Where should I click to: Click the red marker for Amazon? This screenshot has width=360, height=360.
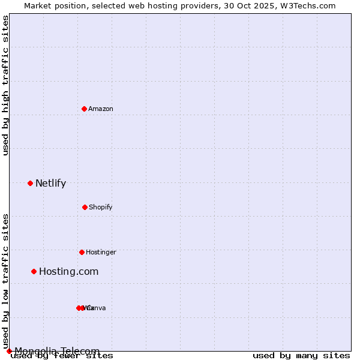coord(84,109)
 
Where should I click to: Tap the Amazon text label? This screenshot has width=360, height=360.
coord(101,109)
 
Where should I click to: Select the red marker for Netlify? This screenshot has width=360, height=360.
coord(30,183)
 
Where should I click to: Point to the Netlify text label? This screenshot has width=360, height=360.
coord(51,184)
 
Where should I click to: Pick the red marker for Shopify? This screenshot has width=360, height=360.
coord(85,207)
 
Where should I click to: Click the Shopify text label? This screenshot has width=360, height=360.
coord(101,208)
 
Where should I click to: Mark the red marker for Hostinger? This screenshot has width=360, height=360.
coord(82,252)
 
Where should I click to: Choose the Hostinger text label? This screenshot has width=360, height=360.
coord(101,253)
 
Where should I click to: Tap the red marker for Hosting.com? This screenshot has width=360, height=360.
coord(34,271)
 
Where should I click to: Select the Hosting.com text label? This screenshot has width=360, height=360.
coord(69,272)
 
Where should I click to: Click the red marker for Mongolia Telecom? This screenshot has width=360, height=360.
coord(9,351)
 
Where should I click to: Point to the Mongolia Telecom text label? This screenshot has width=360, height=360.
coord(58,351)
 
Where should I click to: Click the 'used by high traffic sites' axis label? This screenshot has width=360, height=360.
coord(5,85)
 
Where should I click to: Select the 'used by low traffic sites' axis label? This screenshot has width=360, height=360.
coord(5,281)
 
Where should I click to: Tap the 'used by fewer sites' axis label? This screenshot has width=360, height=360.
coord(62,356)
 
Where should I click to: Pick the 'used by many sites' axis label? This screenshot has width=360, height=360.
coord(301,356)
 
